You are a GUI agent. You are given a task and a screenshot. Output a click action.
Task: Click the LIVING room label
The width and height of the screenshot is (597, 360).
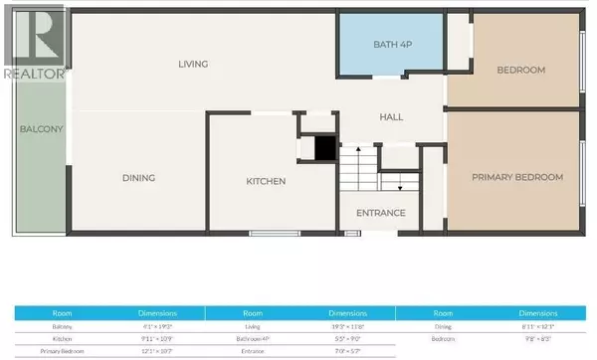[x=193, y=65]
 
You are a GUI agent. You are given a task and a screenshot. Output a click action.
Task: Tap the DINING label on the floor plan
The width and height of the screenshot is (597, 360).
[x=138, y=178]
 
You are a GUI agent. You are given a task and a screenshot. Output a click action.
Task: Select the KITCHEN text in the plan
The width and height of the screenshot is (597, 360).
[x=267, y=181]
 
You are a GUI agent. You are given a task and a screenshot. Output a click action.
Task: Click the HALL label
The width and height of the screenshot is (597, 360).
[x=390, y=117]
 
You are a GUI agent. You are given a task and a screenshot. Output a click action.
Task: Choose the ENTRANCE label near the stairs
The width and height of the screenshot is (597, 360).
[x=381, y=212]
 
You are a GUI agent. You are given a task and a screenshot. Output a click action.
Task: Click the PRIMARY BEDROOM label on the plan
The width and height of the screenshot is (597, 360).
[x=517, y=177]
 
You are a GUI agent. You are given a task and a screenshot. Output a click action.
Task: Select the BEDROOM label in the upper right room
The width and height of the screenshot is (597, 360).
[x=521, y=70]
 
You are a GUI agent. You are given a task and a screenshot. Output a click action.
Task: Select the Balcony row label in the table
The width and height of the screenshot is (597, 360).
[x=61, y=325]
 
